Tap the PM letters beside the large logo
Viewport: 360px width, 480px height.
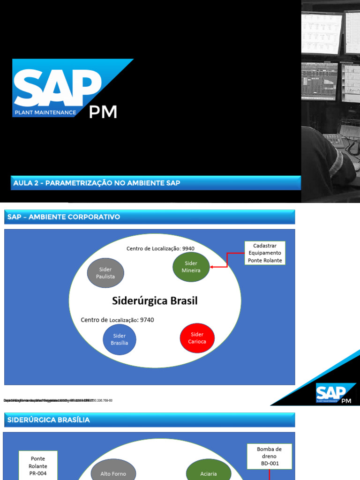tap(103, 112)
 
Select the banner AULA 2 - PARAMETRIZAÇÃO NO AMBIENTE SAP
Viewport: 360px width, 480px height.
tap(157, 183)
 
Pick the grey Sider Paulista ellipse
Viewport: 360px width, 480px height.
tap(105, 273)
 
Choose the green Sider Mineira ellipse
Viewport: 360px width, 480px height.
tap(191, 267)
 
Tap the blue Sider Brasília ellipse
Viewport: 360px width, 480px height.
tap(119, 339)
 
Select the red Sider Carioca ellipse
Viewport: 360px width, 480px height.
tap(197, 337)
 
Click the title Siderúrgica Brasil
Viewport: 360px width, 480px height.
tap(155, 300)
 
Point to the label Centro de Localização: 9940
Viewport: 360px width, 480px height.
tap(160, 248)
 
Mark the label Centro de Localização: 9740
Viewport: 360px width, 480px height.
tap(117, 320)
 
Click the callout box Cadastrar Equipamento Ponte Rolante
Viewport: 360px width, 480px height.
tap(264, 253)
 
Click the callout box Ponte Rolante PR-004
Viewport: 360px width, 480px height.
tap(38, 465)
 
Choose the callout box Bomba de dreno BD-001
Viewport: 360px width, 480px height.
tap(269, 457)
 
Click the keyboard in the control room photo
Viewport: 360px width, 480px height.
tap(336, 139)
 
